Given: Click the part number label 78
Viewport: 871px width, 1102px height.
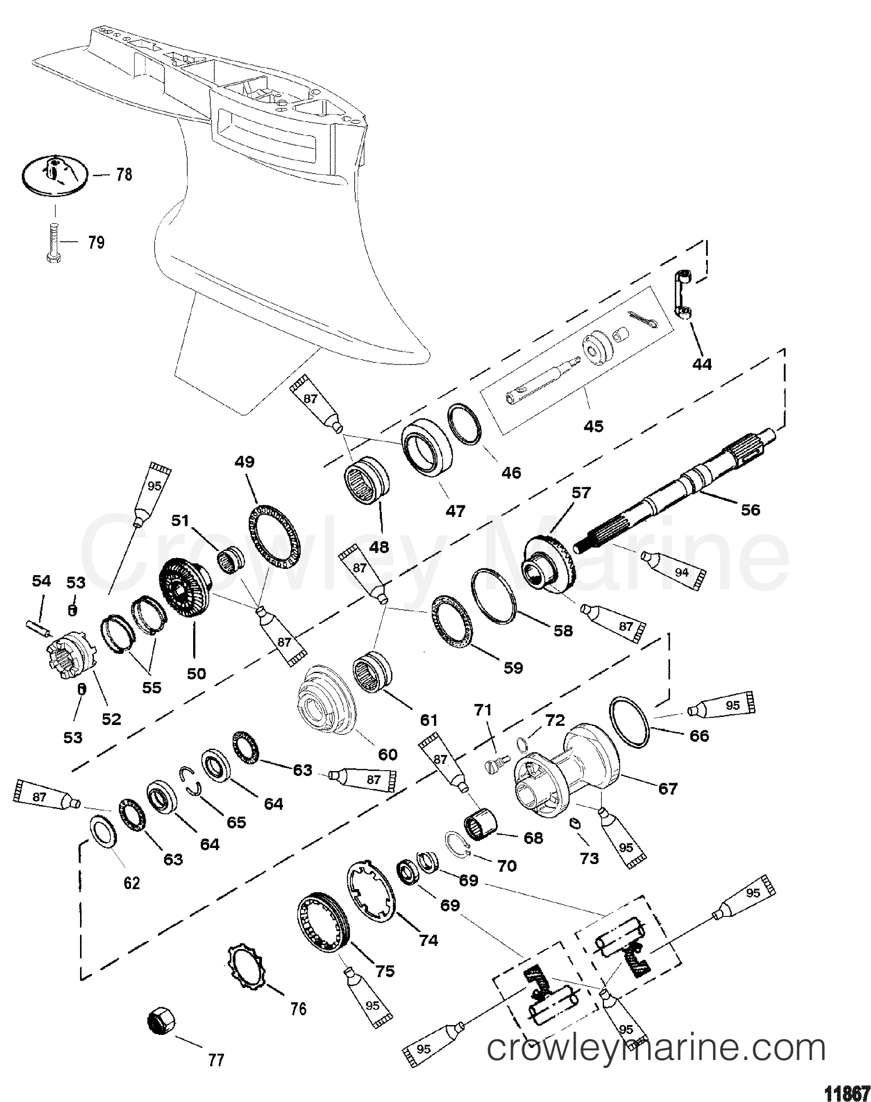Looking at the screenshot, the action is pyautogui.click(x=124, y=174).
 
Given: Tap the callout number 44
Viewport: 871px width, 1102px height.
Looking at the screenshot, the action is pyautogui.click(x=702, y=364).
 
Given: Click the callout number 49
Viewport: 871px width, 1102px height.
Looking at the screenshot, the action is pyautogui.click(x=244, y=462).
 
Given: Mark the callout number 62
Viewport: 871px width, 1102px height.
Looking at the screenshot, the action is pyautogui.click(x=132, y=882).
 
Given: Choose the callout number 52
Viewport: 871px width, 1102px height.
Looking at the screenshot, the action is pyautogui.click(x=112, y=719).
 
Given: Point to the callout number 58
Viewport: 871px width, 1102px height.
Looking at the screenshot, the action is pyautogui.click(x=563, y=631).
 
